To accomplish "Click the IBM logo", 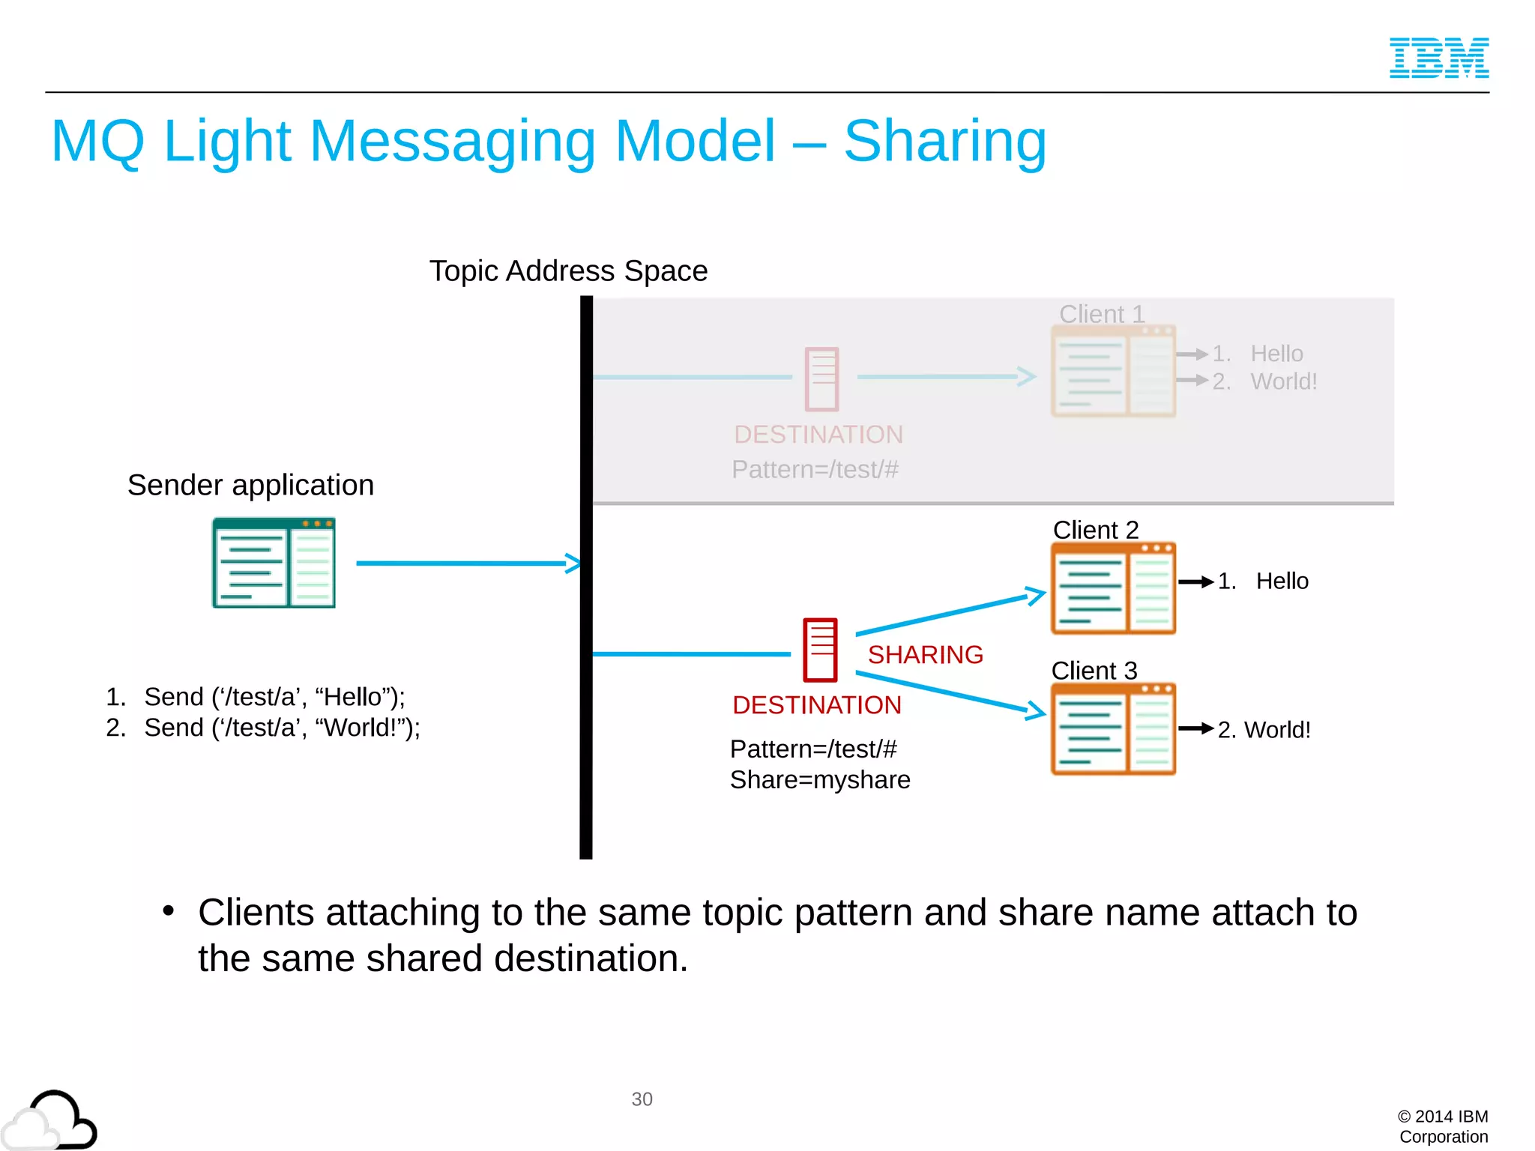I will (x=1438, y=58).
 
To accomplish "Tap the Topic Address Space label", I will (x=568, y=271).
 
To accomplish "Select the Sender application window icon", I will (x=274, y=562).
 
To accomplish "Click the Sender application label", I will (x=250, y=485).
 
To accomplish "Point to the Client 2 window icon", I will (x=1113, y=588).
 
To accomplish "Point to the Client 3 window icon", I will (x=1113, y=728).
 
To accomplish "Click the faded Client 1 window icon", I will (x=1113, y=372).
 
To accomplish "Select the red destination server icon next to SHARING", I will (x=820, y=650).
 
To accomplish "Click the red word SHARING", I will (x=925, y=654).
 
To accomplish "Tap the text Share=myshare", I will (x=820, y=779).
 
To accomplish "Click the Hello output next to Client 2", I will (x=1282, y=581).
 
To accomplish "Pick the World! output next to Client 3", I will (x=1276, y=729).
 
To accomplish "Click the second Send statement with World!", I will (x=281, y=727).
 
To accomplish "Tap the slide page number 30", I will (x=642, y=1099).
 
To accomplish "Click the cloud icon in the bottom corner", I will (x=49, y=1121).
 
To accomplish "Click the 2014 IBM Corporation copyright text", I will (x=1443, y=1126).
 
